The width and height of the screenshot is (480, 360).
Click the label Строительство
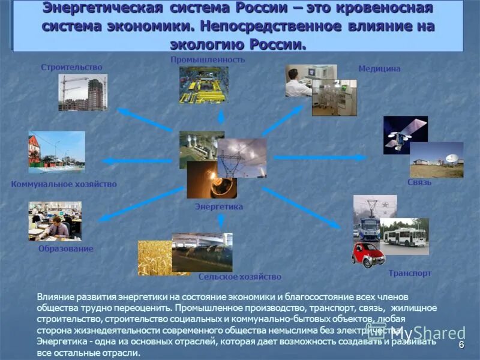point(71,67)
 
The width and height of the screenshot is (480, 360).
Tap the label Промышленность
point(208,60)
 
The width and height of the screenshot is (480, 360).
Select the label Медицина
point(379,69)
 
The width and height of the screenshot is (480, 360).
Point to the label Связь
point(419,182)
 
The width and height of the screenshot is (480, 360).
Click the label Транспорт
point(410,273)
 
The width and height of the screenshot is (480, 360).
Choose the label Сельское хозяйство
point(239,277)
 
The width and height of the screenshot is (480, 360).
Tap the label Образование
point(66,248)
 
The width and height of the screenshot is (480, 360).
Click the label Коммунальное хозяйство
point(64,184)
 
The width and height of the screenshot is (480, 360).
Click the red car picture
point(368,254)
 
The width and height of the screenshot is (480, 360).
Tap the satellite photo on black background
point(405,134)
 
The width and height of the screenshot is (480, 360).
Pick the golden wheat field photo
point(154,258)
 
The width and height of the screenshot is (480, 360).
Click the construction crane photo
point(83,92)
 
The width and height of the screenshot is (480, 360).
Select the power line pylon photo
point(241,158)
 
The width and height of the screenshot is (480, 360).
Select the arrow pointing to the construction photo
point(144,119)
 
